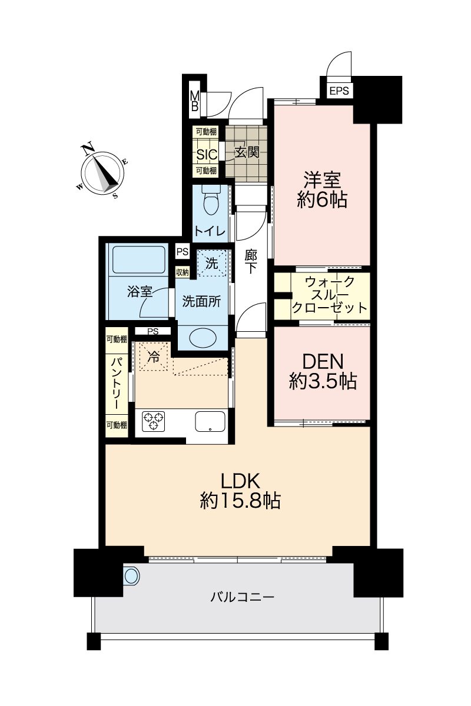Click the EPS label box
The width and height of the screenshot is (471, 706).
click(x=339, y=91)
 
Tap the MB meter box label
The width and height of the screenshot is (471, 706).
click(x=195, y=101)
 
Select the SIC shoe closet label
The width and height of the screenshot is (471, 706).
click(x=207, y=154)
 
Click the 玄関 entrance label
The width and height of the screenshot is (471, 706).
click(x=247, y=152)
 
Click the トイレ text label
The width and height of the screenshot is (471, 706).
click(x=210, y=232)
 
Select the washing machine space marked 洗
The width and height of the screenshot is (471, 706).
click(x=212, y=263)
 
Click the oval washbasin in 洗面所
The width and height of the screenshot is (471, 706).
click(x=203, y=338)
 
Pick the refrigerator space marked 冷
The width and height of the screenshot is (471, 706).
click(x=153, y=357)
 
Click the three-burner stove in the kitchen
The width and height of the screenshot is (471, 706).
click(x=153, y=421)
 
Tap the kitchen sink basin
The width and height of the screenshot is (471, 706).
click(x=210, y=421)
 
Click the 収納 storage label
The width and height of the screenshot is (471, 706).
click(x=182, y=272)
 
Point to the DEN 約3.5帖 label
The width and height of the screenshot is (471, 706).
click(x=323, y=371)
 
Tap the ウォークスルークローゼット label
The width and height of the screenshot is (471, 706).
click(x=330, y=295)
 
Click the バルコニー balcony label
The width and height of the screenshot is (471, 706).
click(x=243, y=597)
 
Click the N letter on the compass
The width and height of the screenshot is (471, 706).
click(x=88, y=149)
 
